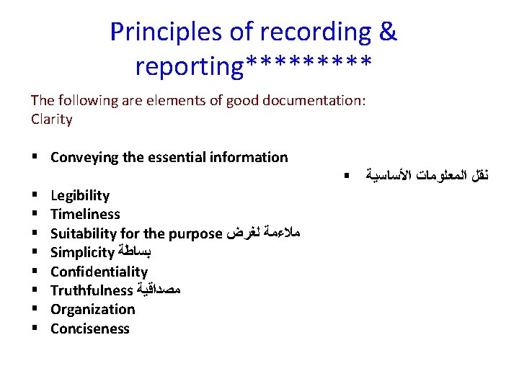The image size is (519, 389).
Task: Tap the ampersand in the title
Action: point(388,32)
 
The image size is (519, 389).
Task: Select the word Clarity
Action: point(52,120)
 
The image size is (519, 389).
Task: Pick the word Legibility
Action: point(80,195)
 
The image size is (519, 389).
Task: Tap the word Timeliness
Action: point(85,214)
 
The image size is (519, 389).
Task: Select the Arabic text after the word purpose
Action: point(263,233)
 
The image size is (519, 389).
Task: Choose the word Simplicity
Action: point(82,252)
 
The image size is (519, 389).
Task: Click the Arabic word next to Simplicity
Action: point(135,253)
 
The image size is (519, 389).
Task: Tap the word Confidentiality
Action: point(99,272)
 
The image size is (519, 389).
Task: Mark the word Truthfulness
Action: point(92,290)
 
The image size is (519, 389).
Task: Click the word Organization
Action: point(92,309)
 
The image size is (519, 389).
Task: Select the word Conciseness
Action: point(90,328)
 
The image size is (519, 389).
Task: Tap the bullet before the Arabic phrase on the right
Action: point(347,175)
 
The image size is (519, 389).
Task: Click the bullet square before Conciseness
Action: point(35,329)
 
